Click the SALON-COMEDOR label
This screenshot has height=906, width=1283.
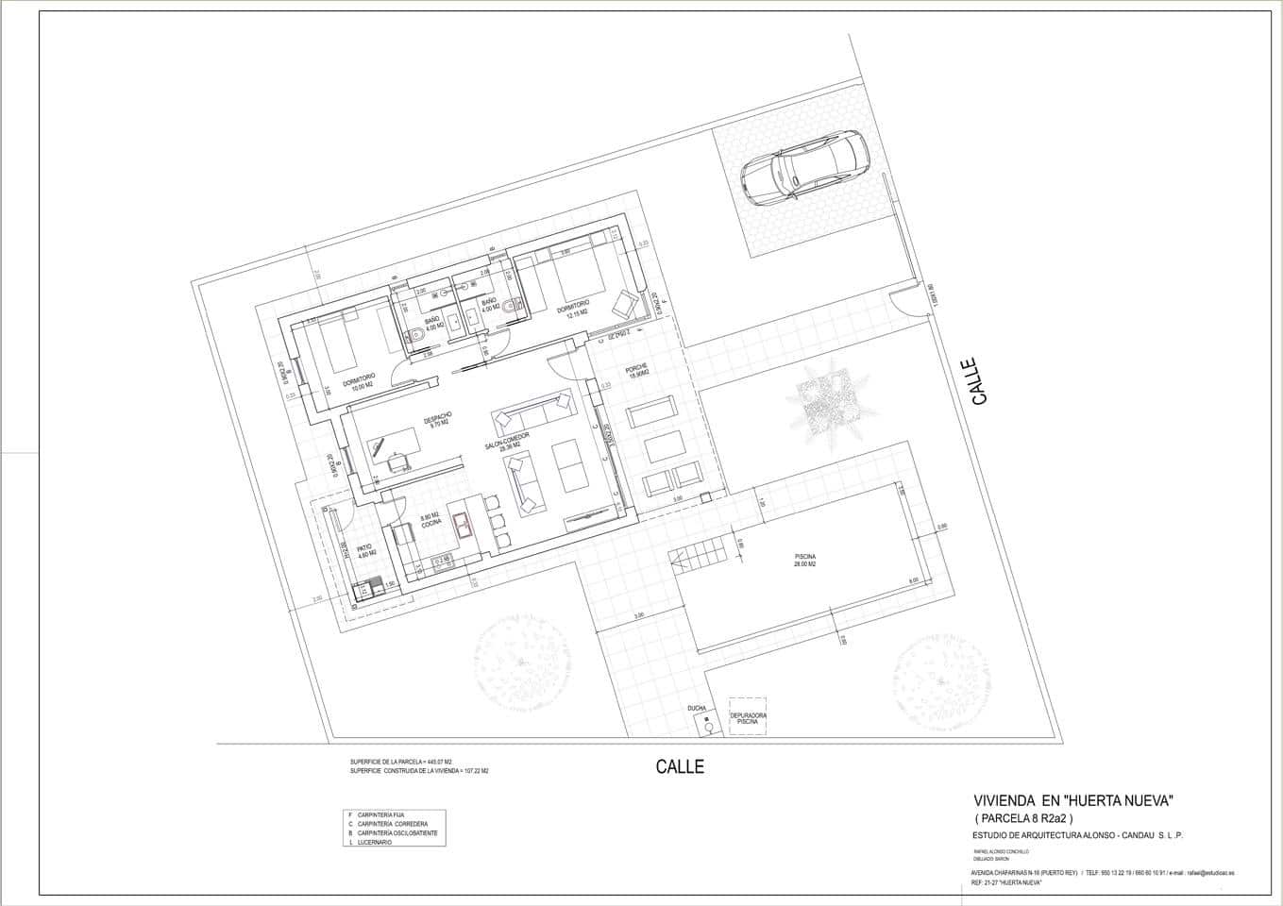pos(509,442)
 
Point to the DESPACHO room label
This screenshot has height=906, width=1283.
pos(439,420)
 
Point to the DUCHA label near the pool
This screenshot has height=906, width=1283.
pos(697,708)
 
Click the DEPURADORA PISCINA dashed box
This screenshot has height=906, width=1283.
pos(748,718)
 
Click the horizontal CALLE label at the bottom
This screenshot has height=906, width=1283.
pos(680,767)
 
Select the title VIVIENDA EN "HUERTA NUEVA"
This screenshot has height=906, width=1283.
pos(1072,801)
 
